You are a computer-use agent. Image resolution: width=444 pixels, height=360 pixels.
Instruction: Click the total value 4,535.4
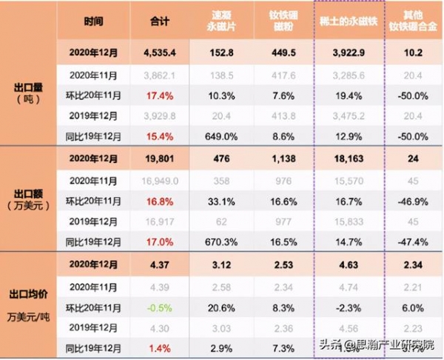(160, 53)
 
